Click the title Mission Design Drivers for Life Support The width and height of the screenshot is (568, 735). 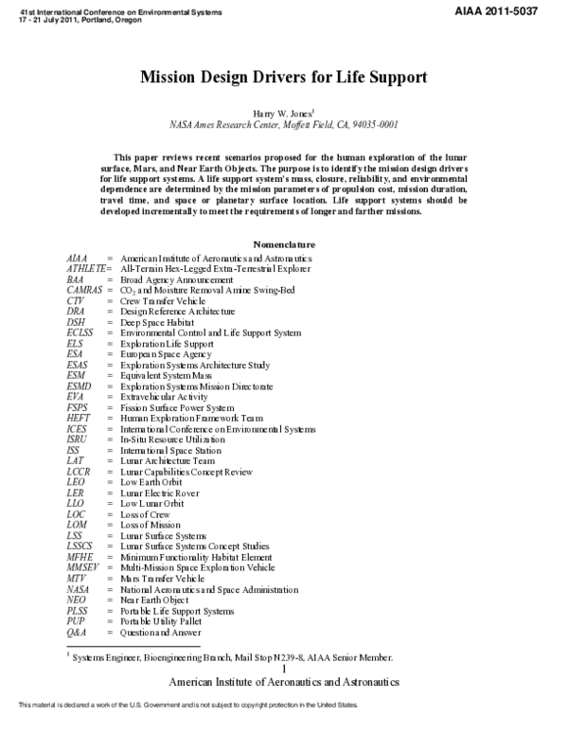point(283,75)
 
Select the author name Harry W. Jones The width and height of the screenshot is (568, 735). point(282,111)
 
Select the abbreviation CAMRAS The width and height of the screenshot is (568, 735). point(84,290)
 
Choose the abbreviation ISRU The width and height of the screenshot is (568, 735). point(79,439)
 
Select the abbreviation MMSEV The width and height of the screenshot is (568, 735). point(83,567)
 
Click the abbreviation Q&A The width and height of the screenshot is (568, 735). point(78,632)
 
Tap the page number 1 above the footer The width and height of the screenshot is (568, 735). point(283,669)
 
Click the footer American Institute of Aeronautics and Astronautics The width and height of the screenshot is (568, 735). point(283,681)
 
